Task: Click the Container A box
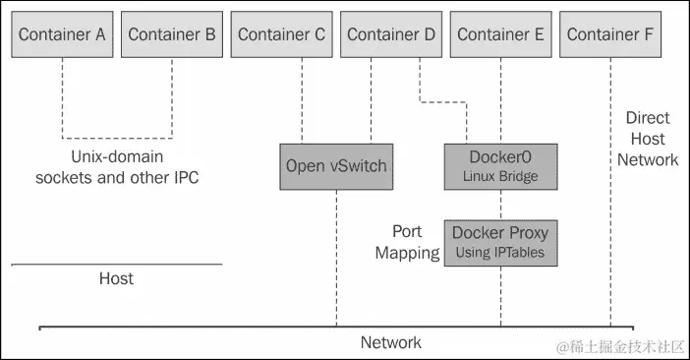click(x=61, y=34)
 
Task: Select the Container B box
click(x=171, y=34)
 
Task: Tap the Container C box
click(x=281, y=34)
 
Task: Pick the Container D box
click(x=390, y=34)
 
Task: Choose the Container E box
click(x=500, y=34)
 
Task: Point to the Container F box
click(x=609, y=34)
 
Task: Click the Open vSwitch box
click(x=336, y=166)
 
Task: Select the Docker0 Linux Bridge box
click(x=500, y=166)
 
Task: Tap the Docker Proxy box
click(x=500, y=243)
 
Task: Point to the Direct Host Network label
click(x=652, y=139)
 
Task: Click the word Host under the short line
click(x=116, y=278)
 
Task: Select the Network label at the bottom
click(x=390, y=342)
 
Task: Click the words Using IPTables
click(x=500, y=253)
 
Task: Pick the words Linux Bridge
click(x=500, y=176)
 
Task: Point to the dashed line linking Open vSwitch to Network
click(x=336, y=256)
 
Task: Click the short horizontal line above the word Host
click(x=116, y=264)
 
